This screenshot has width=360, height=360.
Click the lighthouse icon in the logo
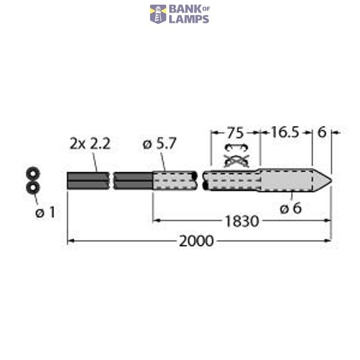click(x=158, y=14)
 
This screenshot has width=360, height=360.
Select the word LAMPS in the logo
click(x=188, y=19)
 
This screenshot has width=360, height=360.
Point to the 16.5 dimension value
click(x=285, y=133)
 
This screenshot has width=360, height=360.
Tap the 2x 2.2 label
click(x=90, y=144)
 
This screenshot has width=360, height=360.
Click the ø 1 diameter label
click(x=45, y=212)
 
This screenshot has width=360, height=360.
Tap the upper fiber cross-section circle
click(x=32, y=174)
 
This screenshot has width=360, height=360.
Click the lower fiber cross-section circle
click(x=32, y=188)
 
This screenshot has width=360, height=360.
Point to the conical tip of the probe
click(x=323, y=179)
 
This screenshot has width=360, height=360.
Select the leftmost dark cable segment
click(x=88, y=180)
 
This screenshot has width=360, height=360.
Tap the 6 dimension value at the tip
click(x=322, y=133)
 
